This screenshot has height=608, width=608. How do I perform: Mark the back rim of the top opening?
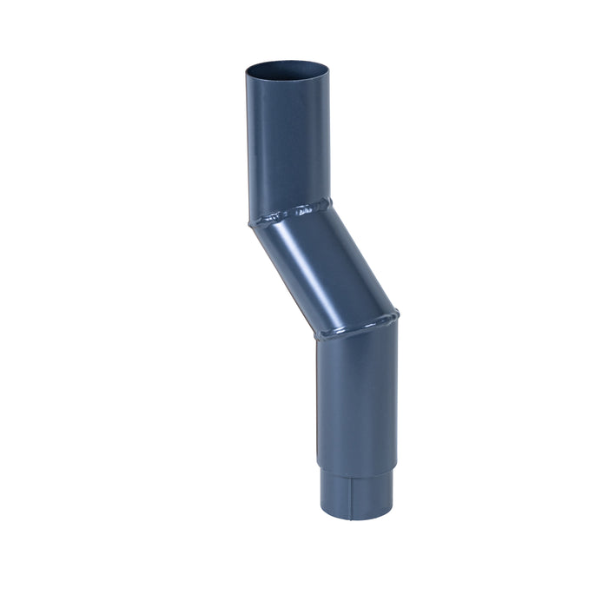click(x=287, y=61)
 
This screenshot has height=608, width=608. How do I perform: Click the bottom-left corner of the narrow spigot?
click(x=323, y=512)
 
